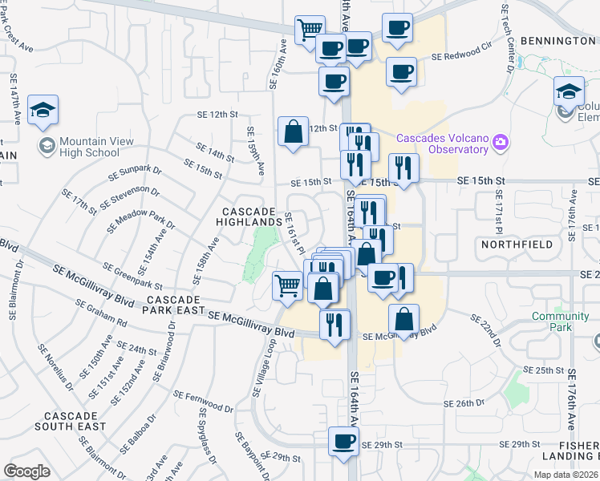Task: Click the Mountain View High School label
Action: (x=90, y=147)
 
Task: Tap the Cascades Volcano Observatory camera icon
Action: (x=501, y=143)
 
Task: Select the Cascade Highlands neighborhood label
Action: (x=250, y=216)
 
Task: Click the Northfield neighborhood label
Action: (x=514, y=242)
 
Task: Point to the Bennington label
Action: (x=557, y=40)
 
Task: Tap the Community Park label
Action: (x=560, y=321)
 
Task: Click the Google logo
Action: (x=26, y=471)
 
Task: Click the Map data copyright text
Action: (x=566, y=474)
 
